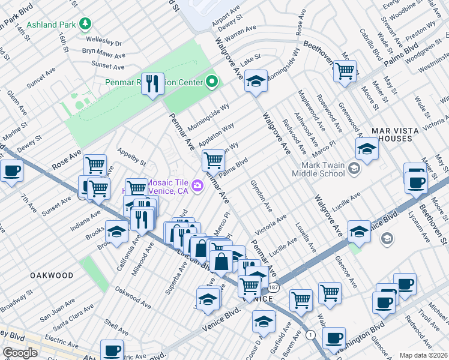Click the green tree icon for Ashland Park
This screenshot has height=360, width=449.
[86, 24]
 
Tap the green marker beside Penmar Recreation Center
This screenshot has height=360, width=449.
[211, 81]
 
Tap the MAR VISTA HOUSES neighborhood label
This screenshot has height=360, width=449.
[400, 134]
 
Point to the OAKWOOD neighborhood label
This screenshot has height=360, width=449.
[53, 275]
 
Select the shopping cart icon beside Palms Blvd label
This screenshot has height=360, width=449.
[213, 160]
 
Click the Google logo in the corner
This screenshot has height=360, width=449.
[20, 353]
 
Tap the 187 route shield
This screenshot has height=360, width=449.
[273, 288]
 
